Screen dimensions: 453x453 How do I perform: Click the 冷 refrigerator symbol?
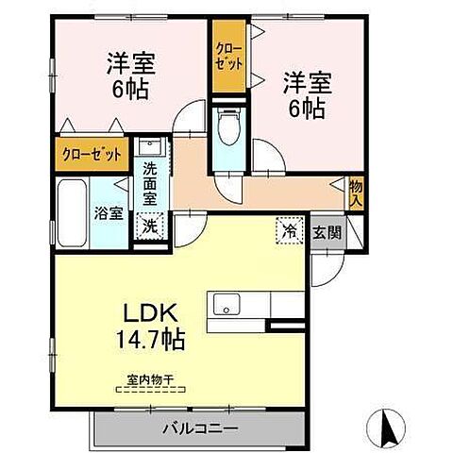tap(291, 229)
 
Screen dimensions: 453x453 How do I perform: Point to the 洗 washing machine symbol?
tap(148, 226)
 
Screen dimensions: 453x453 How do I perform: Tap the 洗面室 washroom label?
tap(149, 187)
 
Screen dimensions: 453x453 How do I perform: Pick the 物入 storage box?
tap(356, 193)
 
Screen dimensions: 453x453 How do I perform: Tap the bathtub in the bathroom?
tap(73, 212)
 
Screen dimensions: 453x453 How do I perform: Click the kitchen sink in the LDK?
tap(226, 306)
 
